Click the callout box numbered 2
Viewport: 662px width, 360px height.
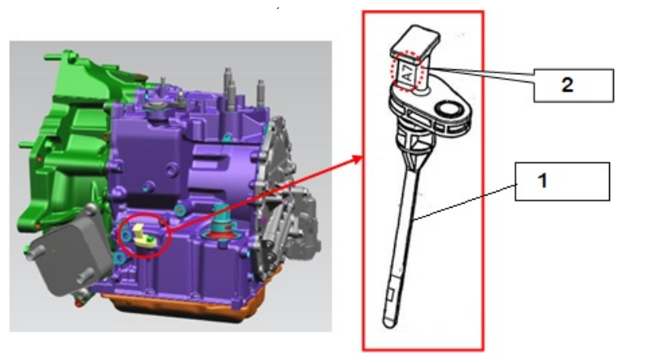(x=573, y=86)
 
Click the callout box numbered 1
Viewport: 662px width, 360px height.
(x=562, y=182)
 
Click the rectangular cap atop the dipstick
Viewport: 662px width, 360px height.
(x=415, y=42)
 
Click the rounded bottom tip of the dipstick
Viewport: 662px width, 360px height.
(x=389, y=324)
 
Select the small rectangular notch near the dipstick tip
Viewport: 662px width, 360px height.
(x=391, y=295)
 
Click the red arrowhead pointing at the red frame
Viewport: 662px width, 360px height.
(x=357, y=160)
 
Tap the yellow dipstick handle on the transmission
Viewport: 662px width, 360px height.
(x=142, y=235)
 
